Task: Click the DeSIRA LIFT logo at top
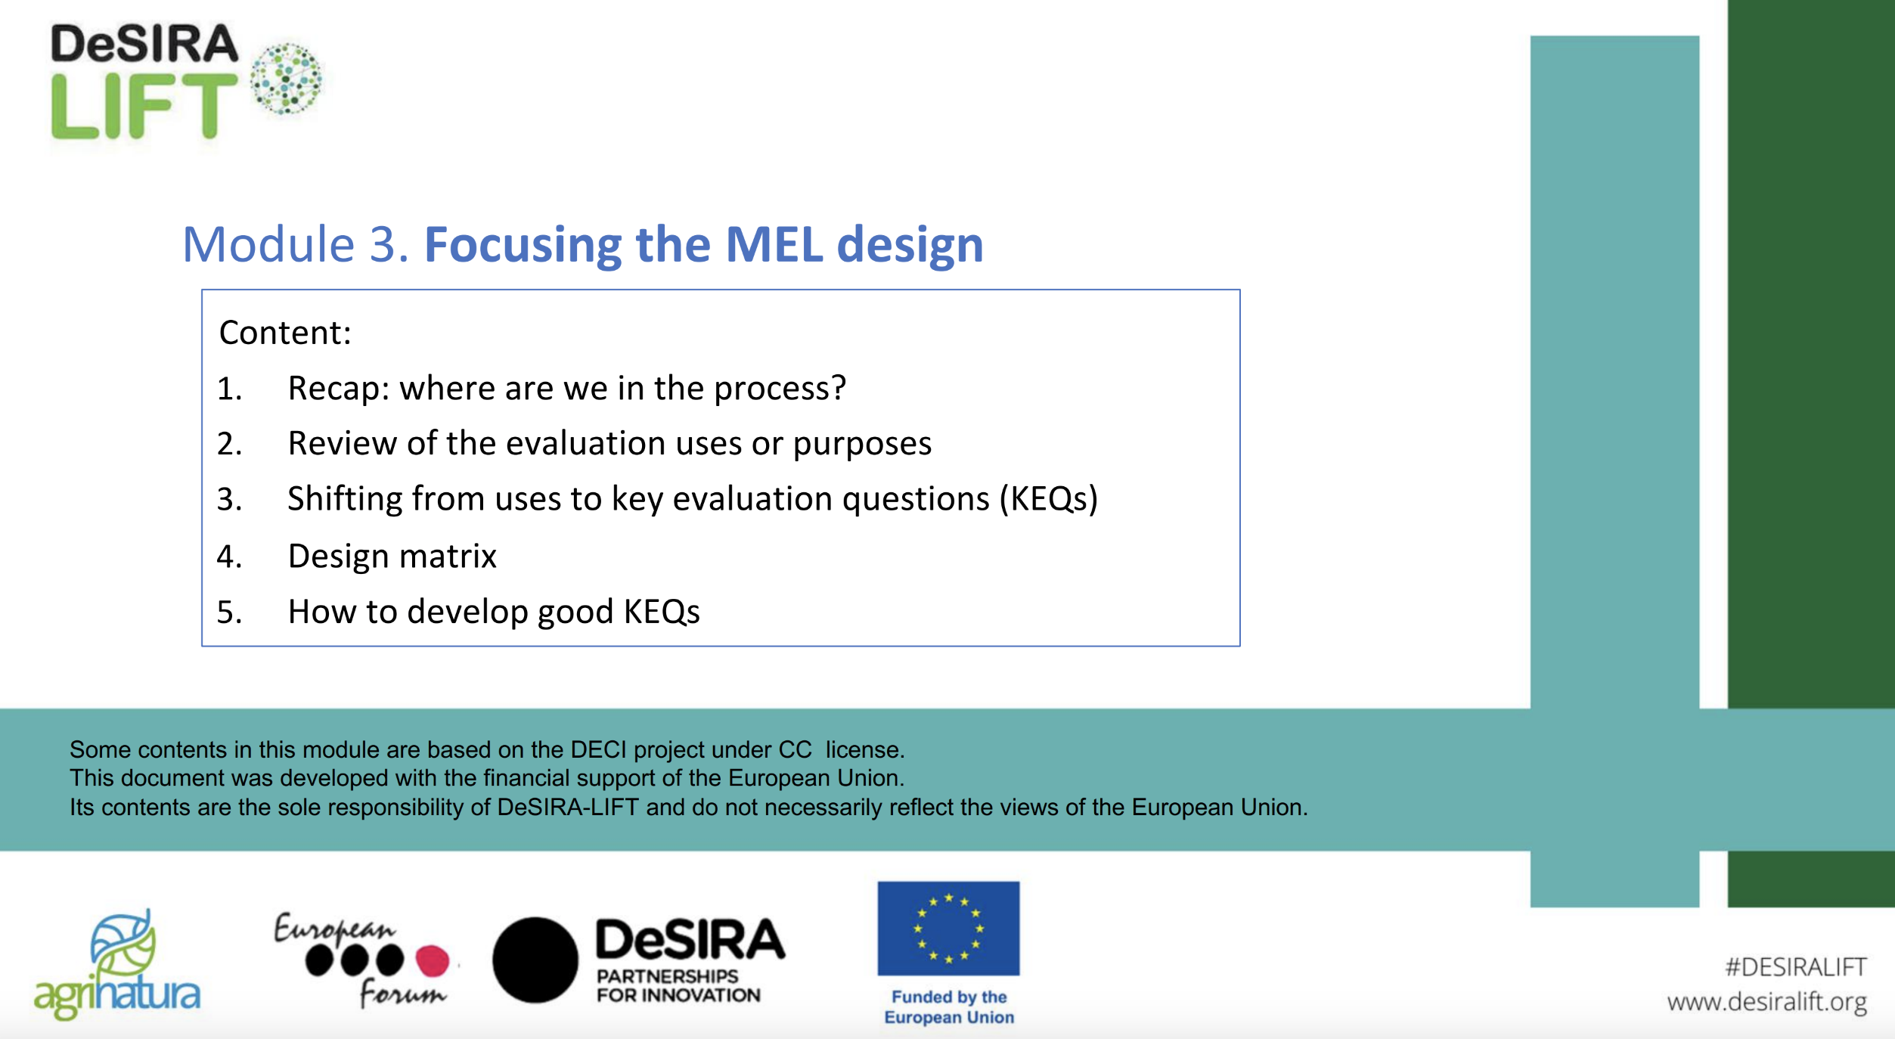click(x=185, y=81)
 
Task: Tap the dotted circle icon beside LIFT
click(x=287, y=79)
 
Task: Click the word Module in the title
click(x=268, y=244)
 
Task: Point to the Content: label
click(x=285, y=333)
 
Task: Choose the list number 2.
click(x=229, y=444)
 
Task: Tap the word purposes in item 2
click(x=862, y=445)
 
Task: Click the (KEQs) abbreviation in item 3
click(x=1049, y=499)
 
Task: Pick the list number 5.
click(x=229, y=612)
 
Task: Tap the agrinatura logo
click(x=117, y=966)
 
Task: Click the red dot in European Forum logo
click(x=433, y=960)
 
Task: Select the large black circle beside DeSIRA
click(x=535, y=960)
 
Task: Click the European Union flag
click(x=948, y=929)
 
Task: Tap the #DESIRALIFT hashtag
click(x=1796, y=967)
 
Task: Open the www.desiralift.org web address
click(x=1767, y=1002)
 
